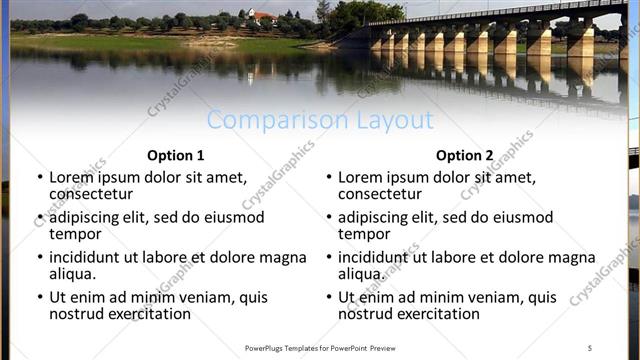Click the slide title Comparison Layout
(x=320, y=120)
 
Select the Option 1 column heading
(x=175, y=155)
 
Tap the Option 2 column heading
(x=465, y=155)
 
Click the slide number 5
(x=590, y=348)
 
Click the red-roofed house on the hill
(x=262, y=17)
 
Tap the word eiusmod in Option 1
(x=233, y=217)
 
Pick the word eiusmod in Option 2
(x=521, y=217)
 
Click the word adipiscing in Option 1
(x=91, y=217)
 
